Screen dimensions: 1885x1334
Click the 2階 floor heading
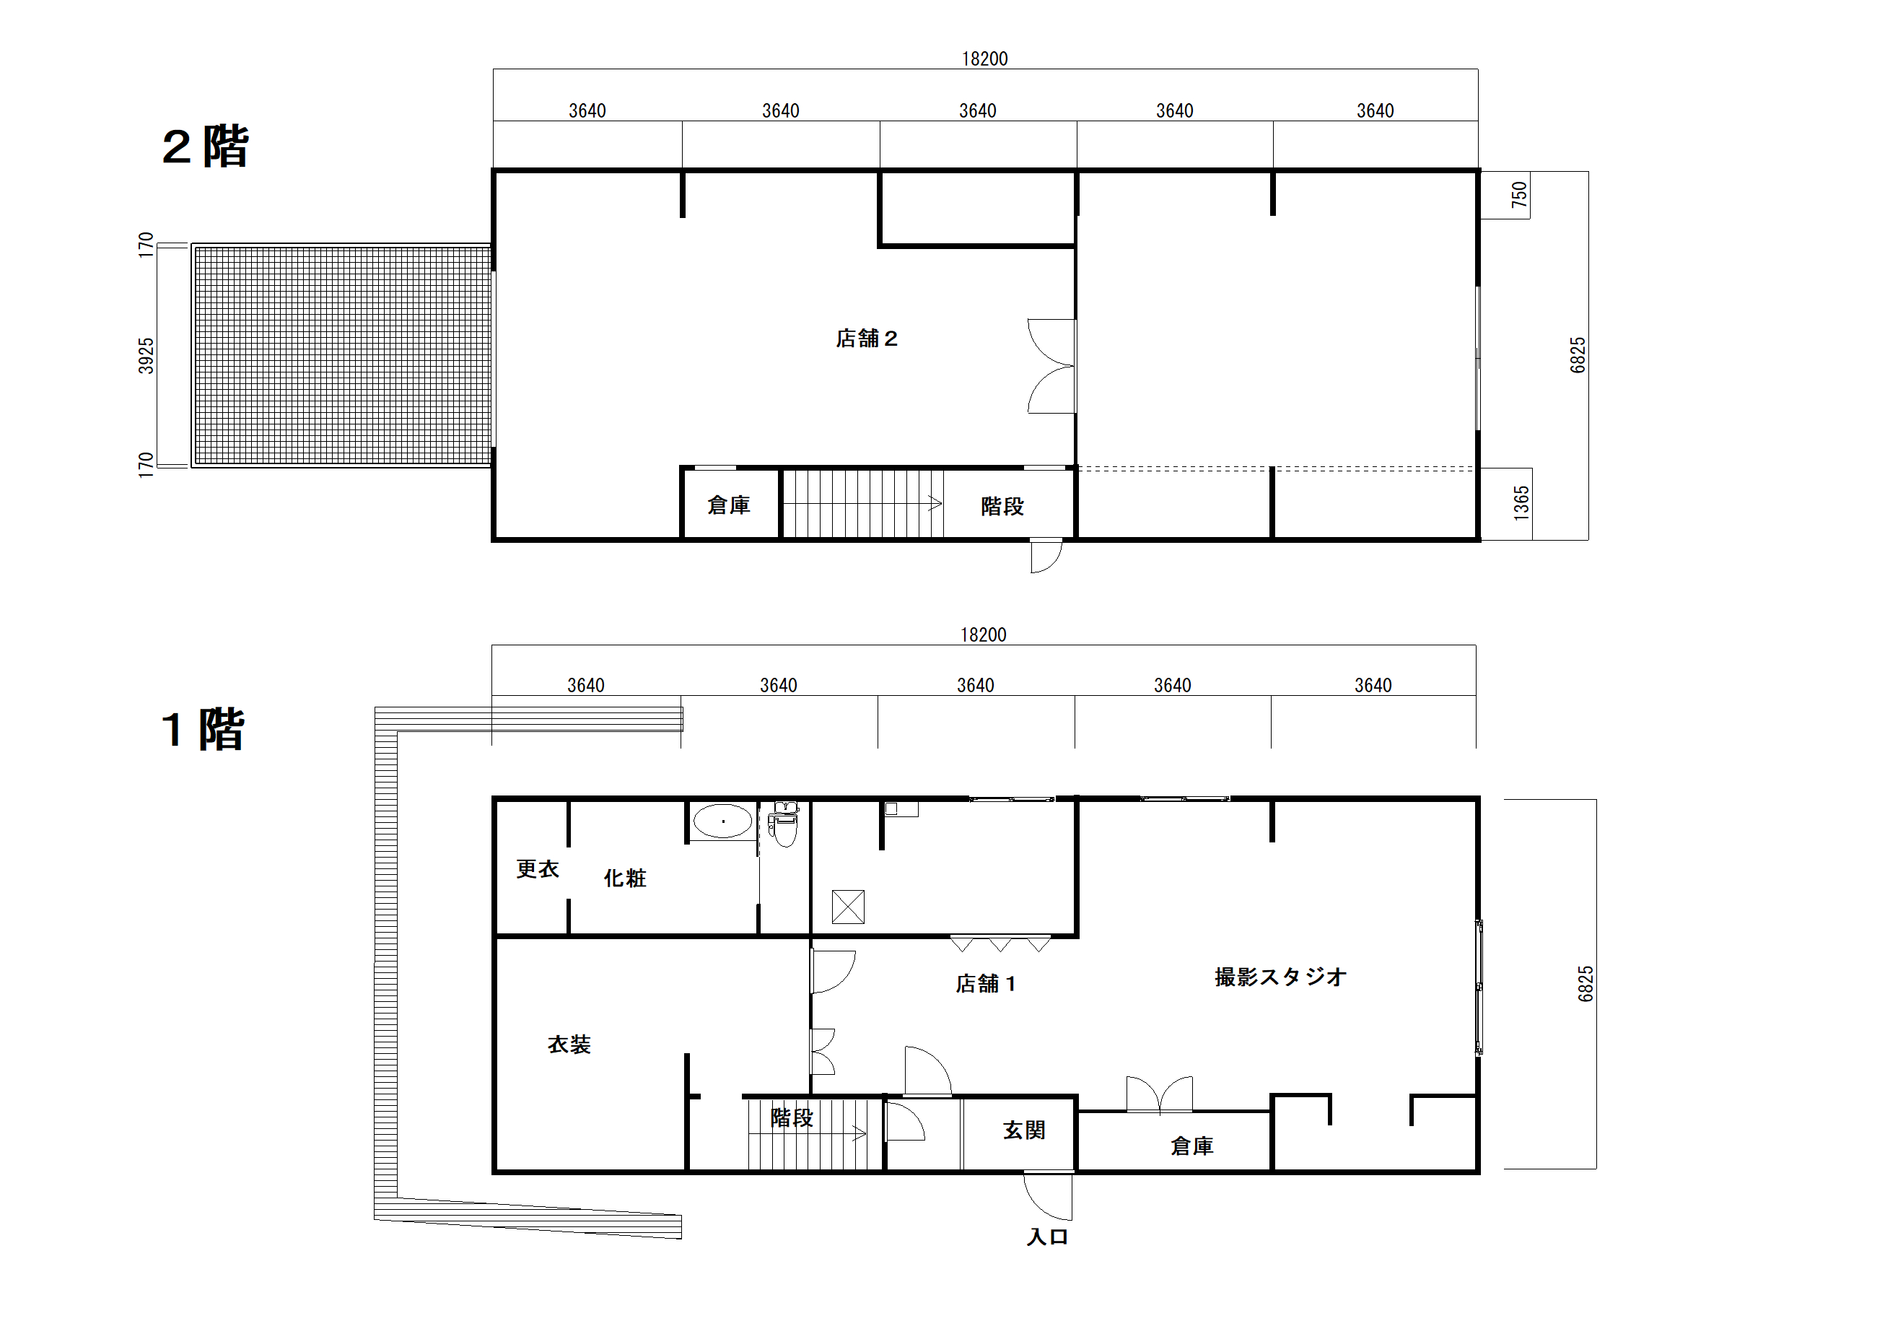205,147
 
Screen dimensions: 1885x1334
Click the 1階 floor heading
203,729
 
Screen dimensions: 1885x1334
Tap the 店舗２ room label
866,339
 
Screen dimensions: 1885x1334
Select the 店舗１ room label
985,983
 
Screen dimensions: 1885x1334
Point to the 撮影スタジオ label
1280,977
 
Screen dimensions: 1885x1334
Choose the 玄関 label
1024,1130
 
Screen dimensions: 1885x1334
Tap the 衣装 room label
569,1044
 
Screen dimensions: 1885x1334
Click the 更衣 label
537,868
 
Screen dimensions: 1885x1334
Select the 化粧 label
625,878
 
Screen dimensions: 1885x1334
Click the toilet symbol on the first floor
784,824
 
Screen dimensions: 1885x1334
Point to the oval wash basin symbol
722,821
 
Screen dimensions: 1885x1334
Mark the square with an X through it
848,907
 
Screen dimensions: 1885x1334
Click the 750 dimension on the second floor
1519,194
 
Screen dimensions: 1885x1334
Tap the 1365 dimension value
1521,502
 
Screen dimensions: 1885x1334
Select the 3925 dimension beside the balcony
145,356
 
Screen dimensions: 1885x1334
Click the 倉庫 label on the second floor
728,505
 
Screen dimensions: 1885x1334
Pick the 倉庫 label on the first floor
1191,1146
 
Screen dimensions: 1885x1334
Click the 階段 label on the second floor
1002,506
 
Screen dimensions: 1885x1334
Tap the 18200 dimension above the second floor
984,58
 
